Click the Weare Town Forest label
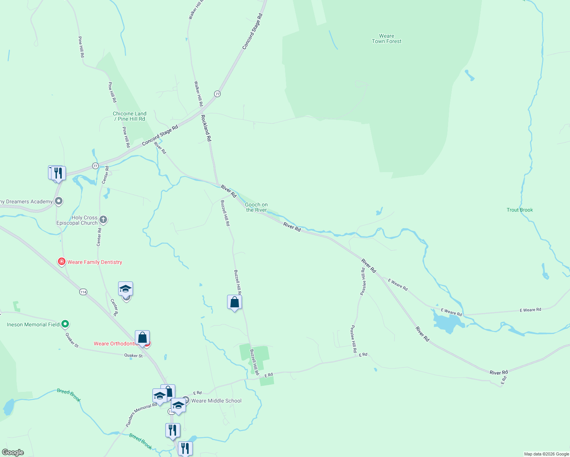[x=386, y=39]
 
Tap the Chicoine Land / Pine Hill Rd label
[x=130, y=116]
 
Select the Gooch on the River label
[x=256, y=207]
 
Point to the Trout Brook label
[x=520, y=210]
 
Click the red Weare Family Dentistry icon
[x=61, y=262]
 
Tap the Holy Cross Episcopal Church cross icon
[x=103, y=220]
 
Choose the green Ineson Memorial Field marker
[x=65, y=324]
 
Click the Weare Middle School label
[x=216, y=401]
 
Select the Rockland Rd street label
[x=206, y=128]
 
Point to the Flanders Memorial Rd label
[x=141, y=415]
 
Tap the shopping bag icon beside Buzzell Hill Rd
[x=234, y=302]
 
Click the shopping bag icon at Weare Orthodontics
[x=142, y=338]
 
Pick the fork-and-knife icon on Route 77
[x=58, y=173]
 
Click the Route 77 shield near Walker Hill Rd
[x=217, y=94]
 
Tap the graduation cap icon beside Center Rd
[x=125, y=289]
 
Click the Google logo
[x=13, y=452]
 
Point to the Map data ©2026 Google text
[x=546, y=454]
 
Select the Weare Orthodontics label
[x=115, y=344]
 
